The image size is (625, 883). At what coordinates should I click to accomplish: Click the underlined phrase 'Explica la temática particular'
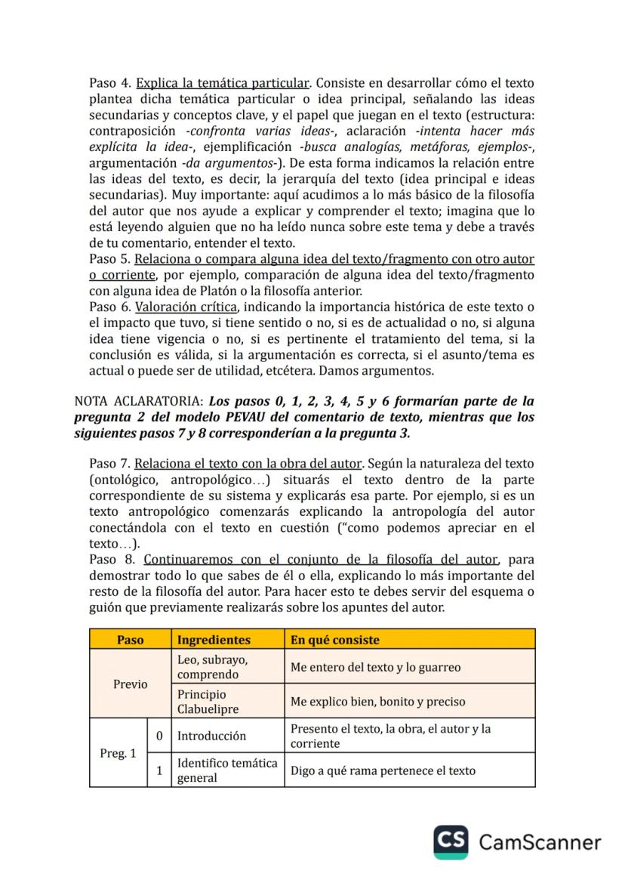(x=223, y=82)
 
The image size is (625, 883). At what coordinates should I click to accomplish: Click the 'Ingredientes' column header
(x=214, y=640)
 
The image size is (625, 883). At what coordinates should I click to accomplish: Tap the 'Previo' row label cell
(x=130, y=684)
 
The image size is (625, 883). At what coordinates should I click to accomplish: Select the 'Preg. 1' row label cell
(x=118, y=753)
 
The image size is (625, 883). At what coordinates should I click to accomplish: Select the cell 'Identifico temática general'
(x=227, y=770)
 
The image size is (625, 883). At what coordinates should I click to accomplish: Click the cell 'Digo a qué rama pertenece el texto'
(x=383, y=770)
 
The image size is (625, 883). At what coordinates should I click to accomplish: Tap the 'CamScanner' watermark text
(x=540, y=843)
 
